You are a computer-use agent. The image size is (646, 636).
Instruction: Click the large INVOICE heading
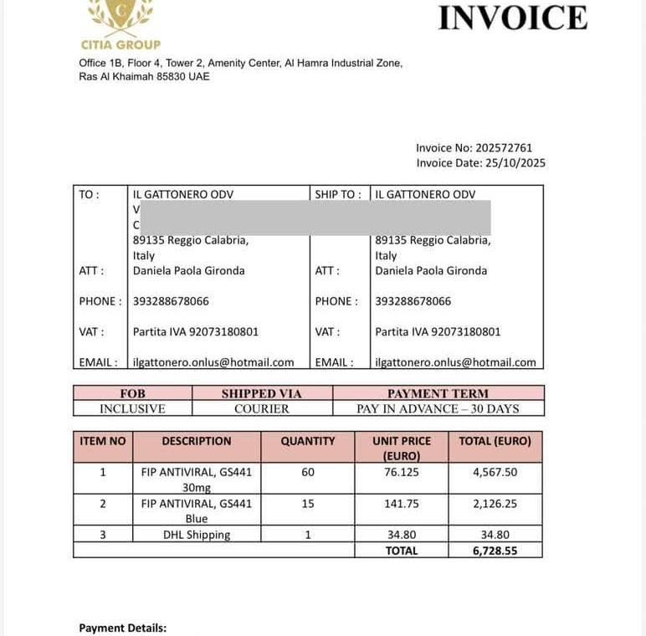coord(512,18)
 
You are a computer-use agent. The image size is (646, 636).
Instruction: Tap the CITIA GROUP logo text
coord(120,44)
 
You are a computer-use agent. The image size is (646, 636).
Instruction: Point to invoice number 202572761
coord(504,148)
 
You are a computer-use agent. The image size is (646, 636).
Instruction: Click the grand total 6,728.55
coord(495,551)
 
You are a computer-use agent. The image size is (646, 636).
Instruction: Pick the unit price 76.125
coord(402,472)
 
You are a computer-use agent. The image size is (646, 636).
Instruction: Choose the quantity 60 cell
coord(308,472)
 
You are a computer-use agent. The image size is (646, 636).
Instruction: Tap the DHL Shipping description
coord(197,535)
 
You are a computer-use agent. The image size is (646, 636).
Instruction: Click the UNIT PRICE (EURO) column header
coord(402,448)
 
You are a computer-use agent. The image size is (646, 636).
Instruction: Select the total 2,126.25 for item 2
coord(495,504)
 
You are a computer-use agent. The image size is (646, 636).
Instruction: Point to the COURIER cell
coord(262,409)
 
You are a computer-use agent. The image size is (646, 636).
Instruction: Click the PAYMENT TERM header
coord(438,393)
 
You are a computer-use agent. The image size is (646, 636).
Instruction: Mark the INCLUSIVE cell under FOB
coord(132,409)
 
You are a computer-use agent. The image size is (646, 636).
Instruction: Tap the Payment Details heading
coord(123,628)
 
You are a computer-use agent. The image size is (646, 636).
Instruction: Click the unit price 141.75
coord(402,504)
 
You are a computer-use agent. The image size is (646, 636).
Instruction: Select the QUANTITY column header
coord(308,441)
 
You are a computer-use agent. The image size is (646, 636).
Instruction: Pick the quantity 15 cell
coord(308,504)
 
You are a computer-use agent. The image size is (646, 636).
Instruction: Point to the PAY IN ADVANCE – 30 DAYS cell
coord(438,409)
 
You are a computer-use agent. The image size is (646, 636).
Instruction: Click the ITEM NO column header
coord(103,441)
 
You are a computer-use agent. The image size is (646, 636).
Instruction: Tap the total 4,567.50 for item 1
coord(495,472)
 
